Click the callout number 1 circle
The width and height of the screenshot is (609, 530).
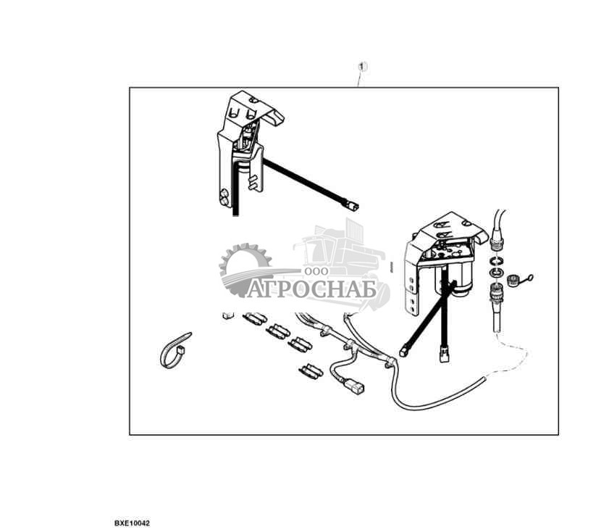pyautogui.click(x=363, y=67)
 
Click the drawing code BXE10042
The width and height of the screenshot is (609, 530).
pyautogui.click(x=131, y=522)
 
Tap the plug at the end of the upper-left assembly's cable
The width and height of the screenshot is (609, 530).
pyautogui.click(x=353, y=207)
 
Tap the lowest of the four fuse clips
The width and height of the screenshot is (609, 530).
pyautogui.click(x=311, y=371)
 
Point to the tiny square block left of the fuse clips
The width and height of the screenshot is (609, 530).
pyautogui.click(x=227, y=315)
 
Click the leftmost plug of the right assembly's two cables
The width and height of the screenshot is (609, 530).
pyautogui.click(x=403, y=351)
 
